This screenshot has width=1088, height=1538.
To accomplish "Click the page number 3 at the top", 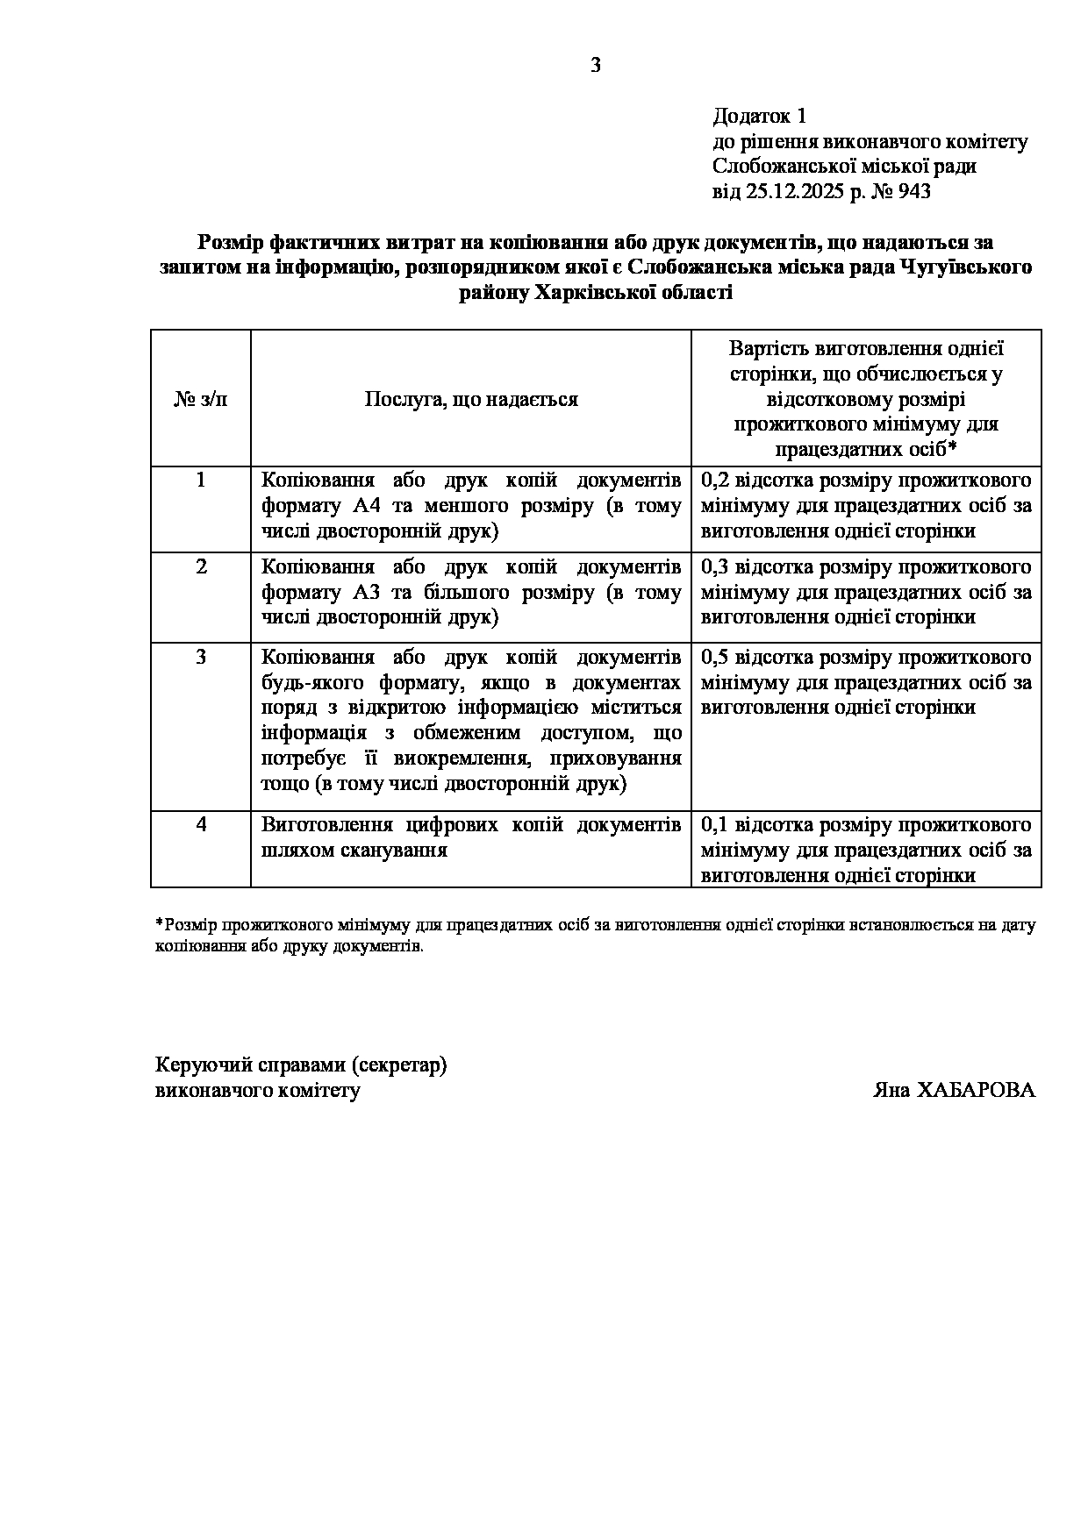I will click(x=596, y=65).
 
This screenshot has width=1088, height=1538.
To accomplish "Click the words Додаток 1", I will click(x=759, y=116).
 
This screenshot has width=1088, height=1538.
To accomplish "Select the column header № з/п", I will click(x=201, y=400).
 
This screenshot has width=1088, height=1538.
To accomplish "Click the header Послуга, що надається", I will click(x=471, y=400).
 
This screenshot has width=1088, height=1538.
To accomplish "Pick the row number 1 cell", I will click(x=201, y=481).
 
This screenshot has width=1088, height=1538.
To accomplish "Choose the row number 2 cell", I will click(x=201, y=566).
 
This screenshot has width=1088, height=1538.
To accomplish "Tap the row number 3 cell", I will click(x=201, y=657).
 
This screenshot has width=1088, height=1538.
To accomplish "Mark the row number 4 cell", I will click(x=201, y=825).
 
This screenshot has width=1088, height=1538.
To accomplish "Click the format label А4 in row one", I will click(x=366, y=506).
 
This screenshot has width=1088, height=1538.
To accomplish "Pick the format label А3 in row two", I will click(x=366, y=592).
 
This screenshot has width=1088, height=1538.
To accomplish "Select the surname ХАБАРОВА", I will click(x=976, y=1091).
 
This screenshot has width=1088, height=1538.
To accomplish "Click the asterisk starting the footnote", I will click(x=159, y=922).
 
